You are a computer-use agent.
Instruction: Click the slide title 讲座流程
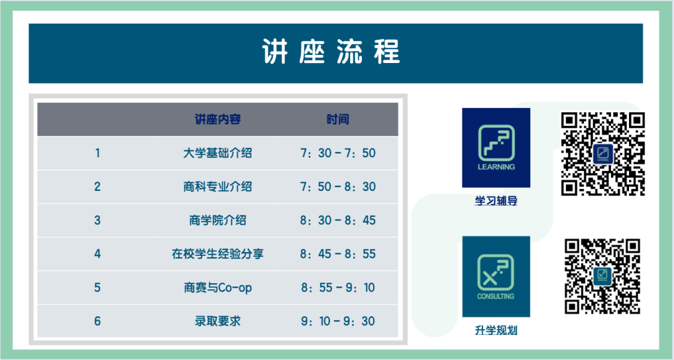331,52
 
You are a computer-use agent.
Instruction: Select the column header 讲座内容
218,119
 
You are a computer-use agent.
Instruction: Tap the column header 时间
338,119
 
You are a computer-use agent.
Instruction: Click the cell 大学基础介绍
218,153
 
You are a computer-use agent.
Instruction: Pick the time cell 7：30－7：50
338,153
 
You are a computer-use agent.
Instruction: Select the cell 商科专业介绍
218,187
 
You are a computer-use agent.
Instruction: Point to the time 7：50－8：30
338,187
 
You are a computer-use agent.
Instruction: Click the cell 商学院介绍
218,220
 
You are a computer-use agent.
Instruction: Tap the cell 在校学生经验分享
218,254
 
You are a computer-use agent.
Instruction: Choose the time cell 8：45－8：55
338,254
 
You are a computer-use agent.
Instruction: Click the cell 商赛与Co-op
218,288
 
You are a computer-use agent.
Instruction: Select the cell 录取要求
218,321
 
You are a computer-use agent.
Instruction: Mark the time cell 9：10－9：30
338,321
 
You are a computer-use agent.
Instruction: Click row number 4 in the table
97,254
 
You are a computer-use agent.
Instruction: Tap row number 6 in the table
97,321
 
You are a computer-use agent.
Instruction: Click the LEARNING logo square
496,148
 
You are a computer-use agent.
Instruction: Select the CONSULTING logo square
496,276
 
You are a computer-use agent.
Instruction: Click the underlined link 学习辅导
496,201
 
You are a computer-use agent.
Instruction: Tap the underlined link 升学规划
496,330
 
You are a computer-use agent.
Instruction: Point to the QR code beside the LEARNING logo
603,153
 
